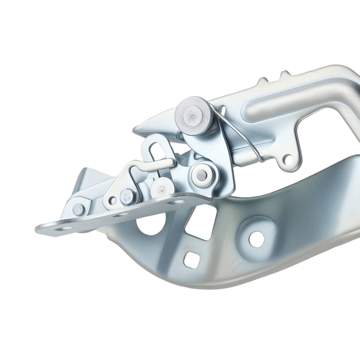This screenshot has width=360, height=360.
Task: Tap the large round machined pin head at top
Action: [193, 116]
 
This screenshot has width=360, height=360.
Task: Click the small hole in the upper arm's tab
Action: [287, 158]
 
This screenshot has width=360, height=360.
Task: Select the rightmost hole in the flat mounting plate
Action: [176, 202]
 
